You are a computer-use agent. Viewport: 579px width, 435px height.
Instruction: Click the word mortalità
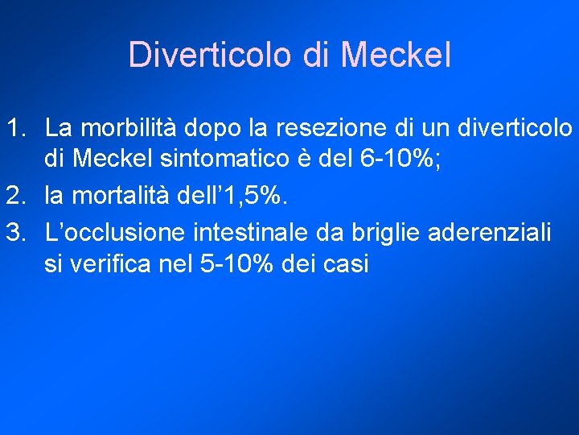click(x=122, y=193)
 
